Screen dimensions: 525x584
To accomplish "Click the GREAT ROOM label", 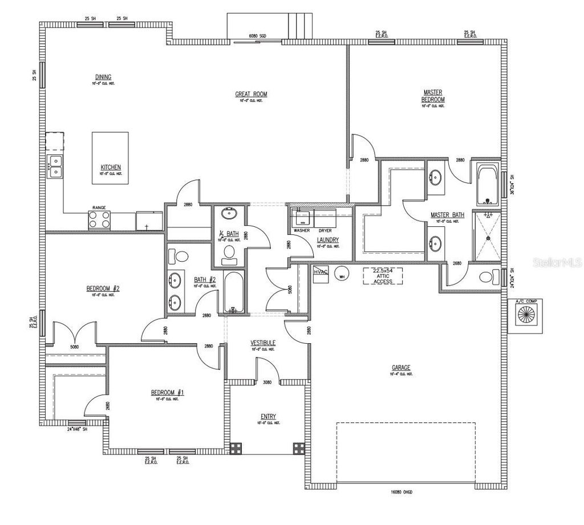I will [251, 94].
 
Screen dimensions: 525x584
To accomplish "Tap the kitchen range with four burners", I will [99, 220].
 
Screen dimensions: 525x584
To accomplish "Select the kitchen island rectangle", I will [111, 158].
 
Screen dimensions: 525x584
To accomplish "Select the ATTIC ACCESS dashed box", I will [383, 275].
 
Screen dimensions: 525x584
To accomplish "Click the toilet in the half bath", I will [229, 254].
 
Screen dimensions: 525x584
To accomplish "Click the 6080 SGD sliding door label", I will [258, 36].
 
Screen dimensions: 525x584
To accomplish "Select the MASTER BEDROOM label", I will [433, 95].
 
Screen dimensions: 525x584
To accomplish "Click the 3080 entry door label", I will [266, 382].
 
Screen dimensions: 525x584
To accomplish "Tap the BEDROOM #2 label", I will [103, 288].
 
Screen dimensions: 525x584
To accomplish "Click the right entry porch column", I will [299, 447].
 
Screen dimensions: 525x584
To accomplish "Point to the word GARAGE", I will [401, 368].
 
